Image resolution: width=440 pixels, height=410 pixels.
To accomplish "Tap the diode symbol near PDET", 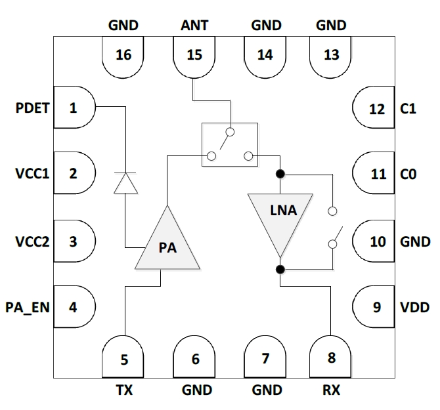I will [x=125, y=182].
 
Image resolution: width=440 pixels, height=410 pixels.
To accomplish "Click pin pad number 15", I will [x=194, y=56].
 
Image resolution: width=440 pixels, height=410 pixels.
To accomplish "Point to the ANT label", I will [x=194, y=26].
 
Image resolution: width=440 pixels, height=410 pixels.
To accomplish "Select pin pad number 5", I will [x=123, y=359].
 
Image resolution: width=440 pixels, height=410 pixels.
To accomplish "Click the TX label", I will [x=123, y=390].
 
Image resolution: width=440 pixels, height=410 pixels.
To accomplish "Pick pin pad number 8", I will [x=331, y=359].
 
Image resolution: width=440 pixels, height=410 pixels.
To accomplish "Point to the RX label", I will [x=332, y=390].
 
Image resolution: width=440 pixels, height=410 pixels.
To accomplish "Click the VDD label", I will [x=415, y=306].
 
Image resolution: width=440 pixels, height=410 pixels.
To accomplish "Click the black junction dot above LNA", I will [x=280, y=174].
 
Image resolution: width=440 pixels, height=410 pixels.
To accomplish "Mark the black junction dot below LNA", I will [x=280, y=269].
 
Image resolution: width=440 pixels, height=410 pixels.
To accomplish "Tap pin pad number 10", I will [x=376, y=241].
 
